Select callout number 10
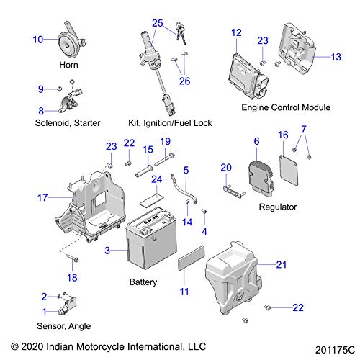(38, 40)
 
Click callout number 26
(184, 81)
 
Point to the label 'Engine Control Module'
(286, 107)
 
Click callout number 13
(336, 57)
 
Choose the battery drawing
(151, 238)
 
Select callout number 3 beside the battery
(107, 251)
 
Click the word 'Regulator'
(278, 207)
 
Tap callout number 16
(283, 135)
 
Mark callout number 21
(282, 265)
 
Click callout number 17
(42, 197)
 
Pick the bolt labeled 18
(72, 258)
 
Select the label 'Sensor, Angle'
(64, 326)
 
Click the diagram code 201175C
(335, 350)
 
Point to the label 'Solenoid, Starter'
(68, 123)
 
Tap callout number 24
(157, 179)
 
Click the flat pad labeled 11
(192, 258)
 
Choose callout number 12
(236, 32)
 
